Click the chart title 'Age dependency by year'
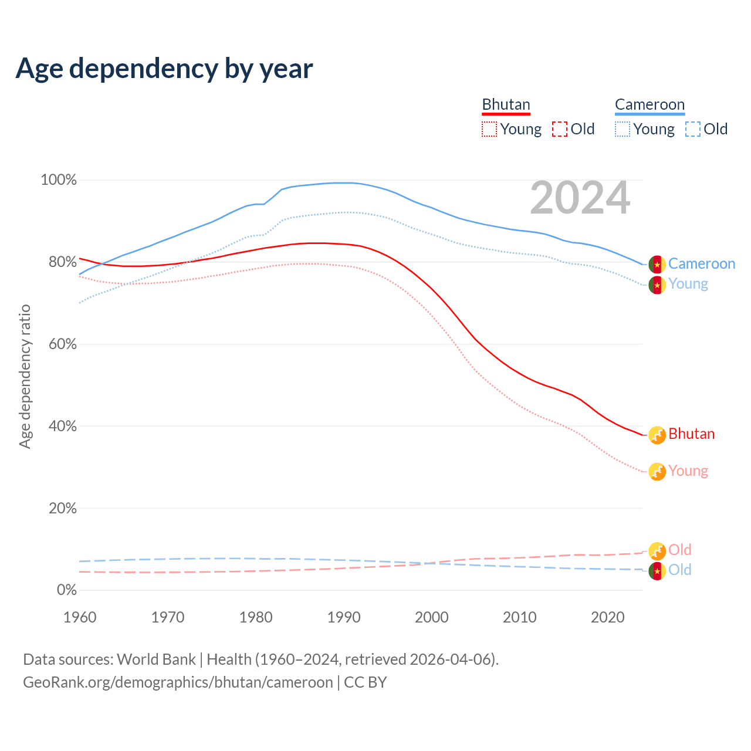tap(164, 69)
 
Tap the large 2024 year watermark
tap(580, 198)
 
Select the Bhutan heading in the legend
tap(506, 104)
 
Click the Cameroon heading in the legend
tap(649, 104)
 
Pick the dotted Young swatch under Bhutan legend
tap(489, 129)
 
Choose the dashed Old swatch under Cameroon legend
tap(693, 129)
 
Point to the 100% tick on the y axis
tap(59, 180)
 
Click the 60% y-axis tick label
tap(63, 344)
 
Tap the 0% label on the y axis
tap(67, 590)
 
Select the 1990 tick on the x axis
tap(344, 617)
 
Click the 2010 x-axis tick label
tap(520, 617)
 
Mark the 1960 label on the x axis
tap(80, 617)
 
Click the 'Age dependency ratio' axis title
tap(25, 376)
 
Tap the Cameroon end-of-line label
tap(701, 264)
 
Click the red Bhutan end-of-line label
tap(691, 434)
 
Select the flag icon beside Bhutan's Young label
tap(657, 472)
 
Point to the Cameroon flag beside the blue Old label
tap(657, 571)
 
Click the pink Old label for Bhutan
tap(679, 550)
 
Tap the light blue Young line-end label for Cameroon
tap(688, 284)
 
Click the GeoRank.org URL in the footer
tap(178, 682)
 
